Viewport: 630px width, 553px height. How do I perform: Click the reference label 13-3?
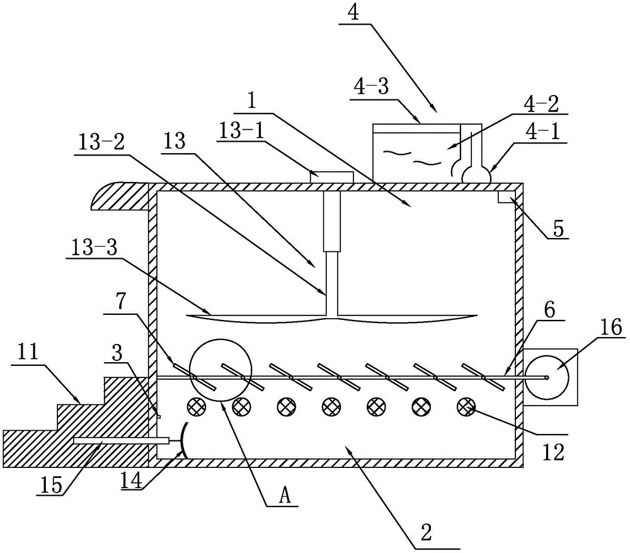tap(94, 248)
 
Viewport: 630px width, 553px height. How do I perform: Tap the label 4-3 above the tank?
tap(372, 86)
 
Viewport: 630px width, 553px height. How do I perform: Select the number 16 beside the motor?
tap(612, 328)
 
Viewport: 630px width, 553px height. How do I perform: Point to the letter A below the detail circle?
tap(285, 496)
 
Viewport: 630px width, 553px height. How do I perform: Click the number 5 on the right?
tap(558, 229)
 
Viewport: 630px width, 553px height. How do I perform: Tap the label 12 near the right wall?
tap(553, 452)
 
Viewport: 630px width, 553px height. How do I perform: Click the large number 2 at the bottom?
tap(426, 532)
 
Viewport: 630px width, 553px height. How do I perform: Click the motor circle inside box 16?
tap(547, 377)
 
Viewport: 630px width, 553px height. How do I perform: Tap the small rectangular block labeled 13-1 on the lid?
tap(332, 177)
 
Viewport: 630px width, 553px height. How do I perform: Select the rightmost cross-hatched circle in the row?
tap(466, 406)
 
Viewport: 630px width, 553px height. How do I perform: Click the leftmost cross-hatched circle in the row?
tap(196, 406)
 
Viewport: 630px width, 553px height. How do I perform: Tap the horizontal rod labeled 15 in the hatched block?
tap(120, 441)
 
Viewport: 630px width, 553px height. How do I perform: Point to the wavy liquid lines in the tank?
tap(412, 157)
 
